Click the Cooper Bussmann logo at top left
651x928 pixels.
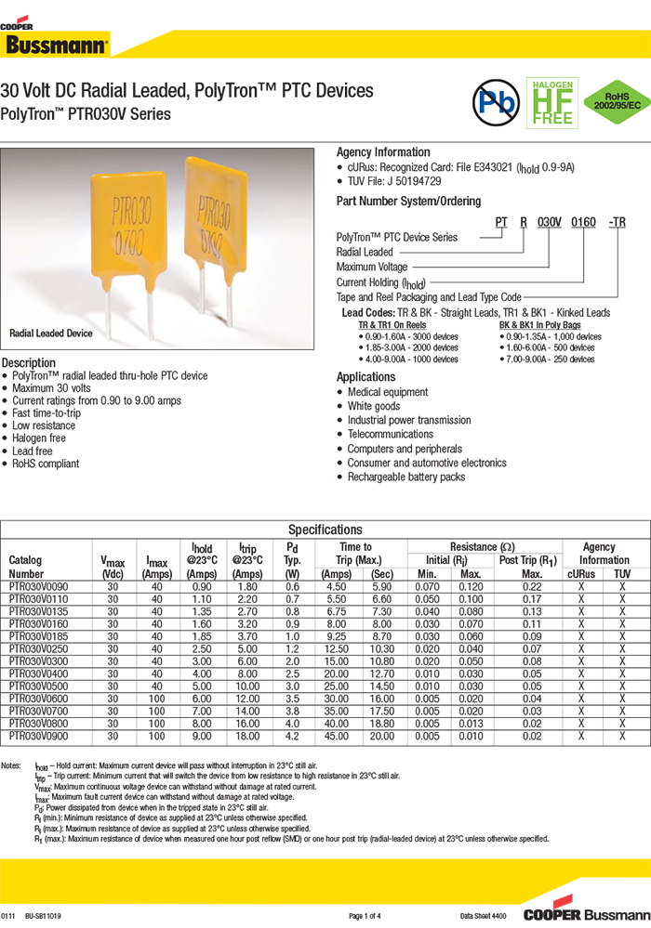(x=55, y=39)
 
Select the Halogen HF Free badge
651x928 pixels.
(x=552, y=102)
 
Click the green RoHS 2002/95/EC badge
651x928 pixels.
(x=612, y=102)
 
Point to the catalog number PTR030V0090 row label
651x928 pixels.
(x=38, y=588)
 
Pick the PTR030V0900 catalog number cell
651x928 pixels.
(x=38, y=735)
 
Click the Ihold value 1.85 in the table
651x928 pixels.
(x=202, y=636)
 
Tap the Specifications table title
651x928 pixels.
(x=325, y=529)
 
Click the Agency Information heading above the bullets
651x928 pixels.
(x=383, y=152)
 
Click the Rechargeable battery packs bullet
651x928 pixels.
(x=405, y=477)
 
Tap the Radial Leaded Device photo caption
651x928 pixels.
(x=51, y=333)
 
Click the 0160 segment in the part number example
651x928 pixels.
(x=582, y=223)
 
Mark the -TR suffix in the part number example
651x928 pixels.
(x=617, y=223)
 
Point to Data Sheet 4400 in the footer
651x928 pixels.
(x=483, y=916)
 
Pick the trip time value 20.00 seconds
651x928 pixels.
(x=382, y=735)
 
